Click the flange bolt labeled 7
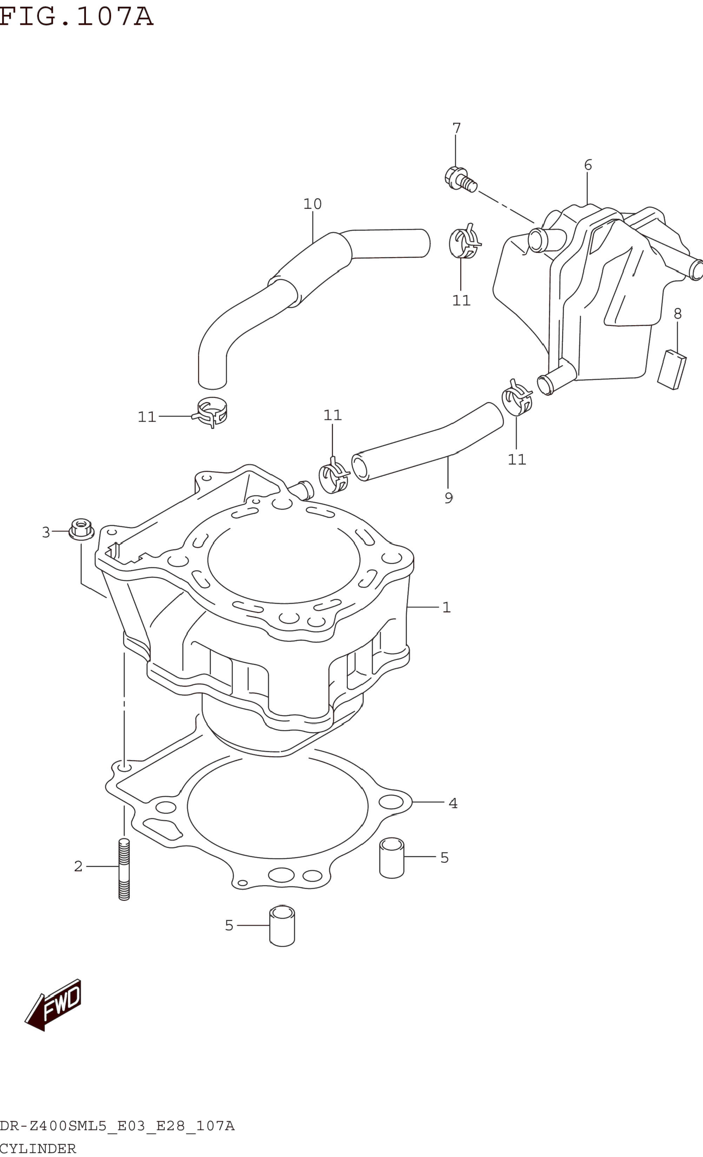point(459,179)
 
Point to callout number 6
point(588,165)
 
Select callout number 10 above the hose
point(312,204)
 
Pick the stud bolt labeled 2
point(124,869)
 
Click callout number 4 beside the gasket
point(453,804)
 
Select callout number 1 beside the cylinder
point(446,608)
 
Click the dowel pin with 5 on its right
point(392,858)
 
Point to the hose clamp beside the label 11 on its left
point(210,411)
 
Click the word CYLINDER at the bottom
point(38,1149)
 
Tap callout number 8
point(677,314)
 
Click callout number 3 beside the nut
point(46,532)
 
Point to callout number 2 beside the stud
point(78,866)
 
